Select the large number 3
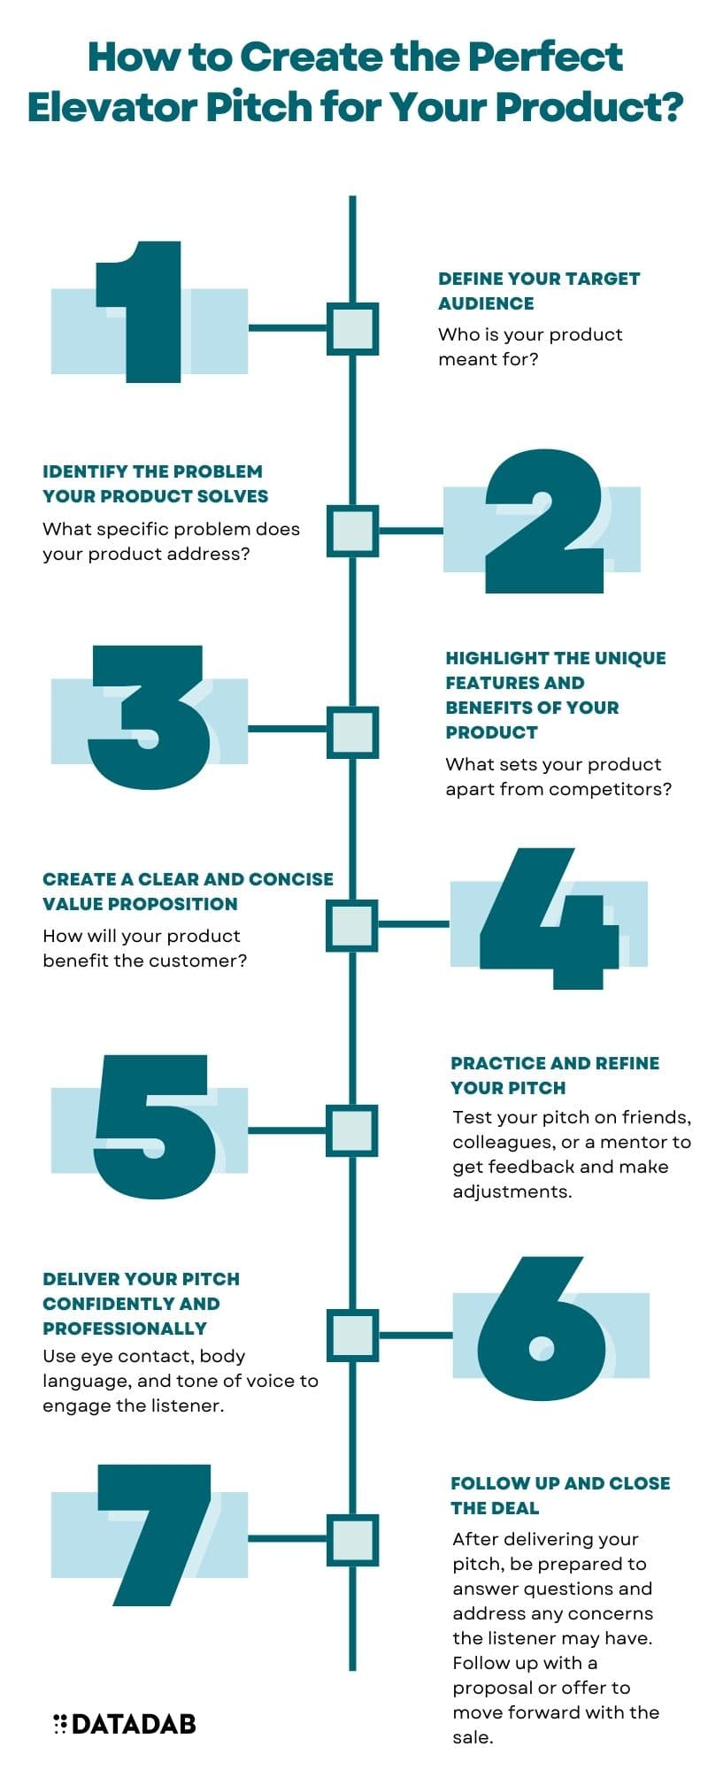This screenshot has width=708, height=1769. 150,717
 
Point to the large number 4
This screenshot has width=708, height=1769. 549,919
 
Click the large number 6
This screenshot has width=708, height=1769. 543,1328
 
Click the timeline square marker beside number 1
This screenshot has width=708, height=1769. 353,329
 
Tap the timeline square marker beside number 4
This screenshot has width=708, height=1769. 353,925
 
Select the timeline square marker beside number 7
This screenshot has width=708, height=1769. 353,1539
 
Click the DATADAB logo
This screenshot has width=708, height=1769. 125,1723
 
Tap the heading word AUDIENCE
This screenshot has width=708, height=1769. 486,303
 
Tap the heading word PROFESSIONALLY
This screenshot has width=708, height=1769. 125,1329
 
